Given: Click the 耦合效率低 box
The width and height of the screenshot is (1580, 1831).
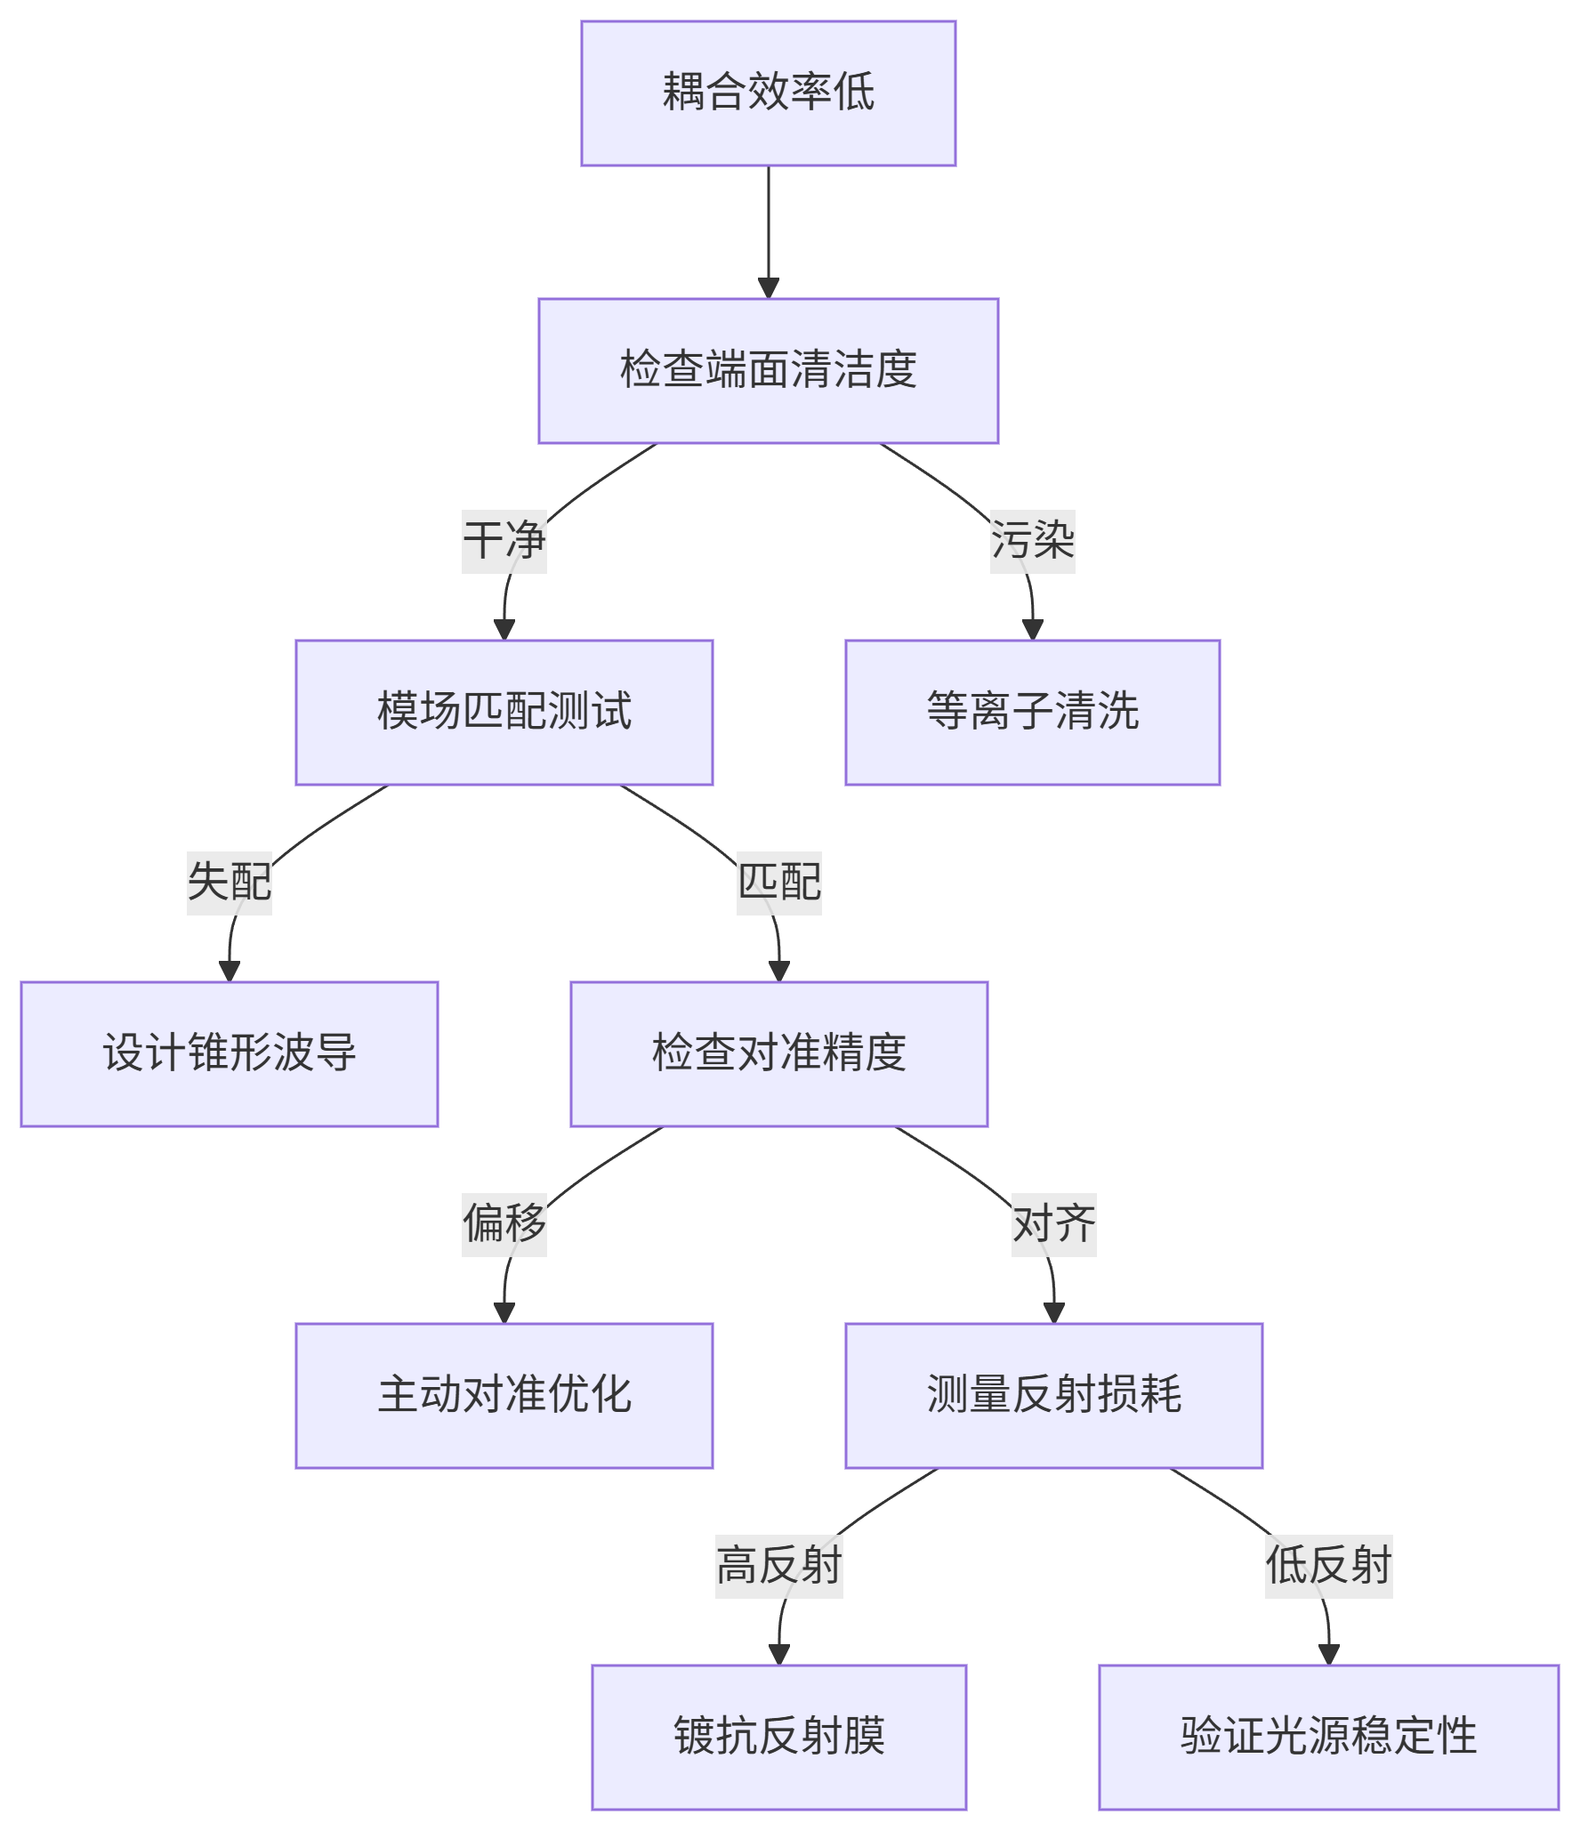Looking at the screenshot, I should [769, 93].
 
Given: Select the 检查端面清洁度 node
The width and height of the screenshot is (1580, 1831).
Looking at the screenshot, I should [769, 371].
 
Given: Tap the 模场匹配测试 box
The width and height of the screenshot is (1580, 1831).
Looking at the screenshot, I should [504, 713].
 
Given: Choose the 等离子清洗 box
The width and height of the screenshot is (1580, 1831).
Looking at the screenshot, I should [1032, 713].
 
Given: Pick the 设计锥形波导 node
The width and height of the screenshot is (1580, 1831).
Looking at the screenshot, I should [230, 1054].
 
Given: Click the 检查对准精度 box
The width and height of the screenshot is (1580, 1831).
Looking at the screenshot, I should [779, 1054].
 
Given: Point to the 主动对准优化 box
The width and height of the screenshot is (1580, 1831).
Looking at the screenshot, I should [504, 1396].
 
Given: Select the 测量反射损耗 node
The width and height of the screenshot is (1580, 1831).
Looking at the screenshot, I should [1053, 1396].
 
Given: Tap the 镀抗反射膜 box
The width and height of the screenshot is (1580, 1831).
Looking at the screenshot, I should [779, 1738].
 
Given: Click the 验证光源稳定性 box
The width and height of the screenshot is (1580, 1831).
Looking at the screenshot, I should [1328, 1738].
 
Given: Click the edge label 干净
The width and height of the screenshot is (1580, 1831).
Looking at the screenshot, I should [504, 542].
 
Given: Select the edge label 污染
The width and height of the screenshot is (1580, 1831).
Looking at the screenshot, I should [1032, 542].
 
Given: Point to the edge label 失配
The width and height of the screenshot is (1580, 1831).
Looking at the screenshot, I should [230, 883].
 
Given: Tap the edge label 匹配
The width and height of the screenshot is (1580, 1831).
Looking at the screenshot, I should [779, 883].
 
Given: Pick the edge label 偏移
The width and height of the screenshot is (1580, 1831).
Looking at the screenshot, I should [504, 1225].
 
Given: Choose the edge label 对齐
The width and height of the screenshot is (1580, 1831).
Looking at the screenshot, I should [1053, 1225].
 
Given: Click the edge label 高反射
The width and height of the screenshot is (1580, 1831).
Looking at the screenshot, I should [779, 1567].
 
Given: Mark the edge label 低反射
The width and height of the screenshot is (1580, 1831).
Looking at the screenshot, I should [1328, 1567].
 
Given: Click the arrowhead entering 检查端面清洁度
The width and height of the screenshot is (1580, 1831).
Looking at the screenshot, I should [769, 289].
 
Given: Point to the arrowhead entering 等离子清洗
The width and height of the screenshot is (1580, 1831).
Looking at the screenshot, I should [1032, 630].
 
